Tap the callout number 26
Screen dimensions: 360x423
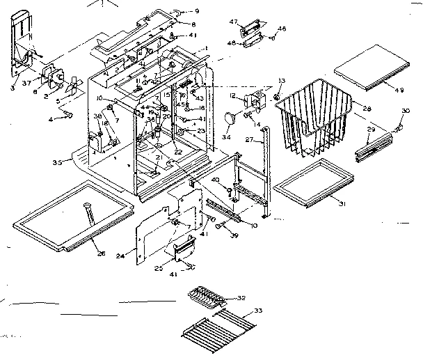(x=101, y=253)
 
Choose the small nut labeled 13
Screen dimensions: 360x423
(x=276, y=94)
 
